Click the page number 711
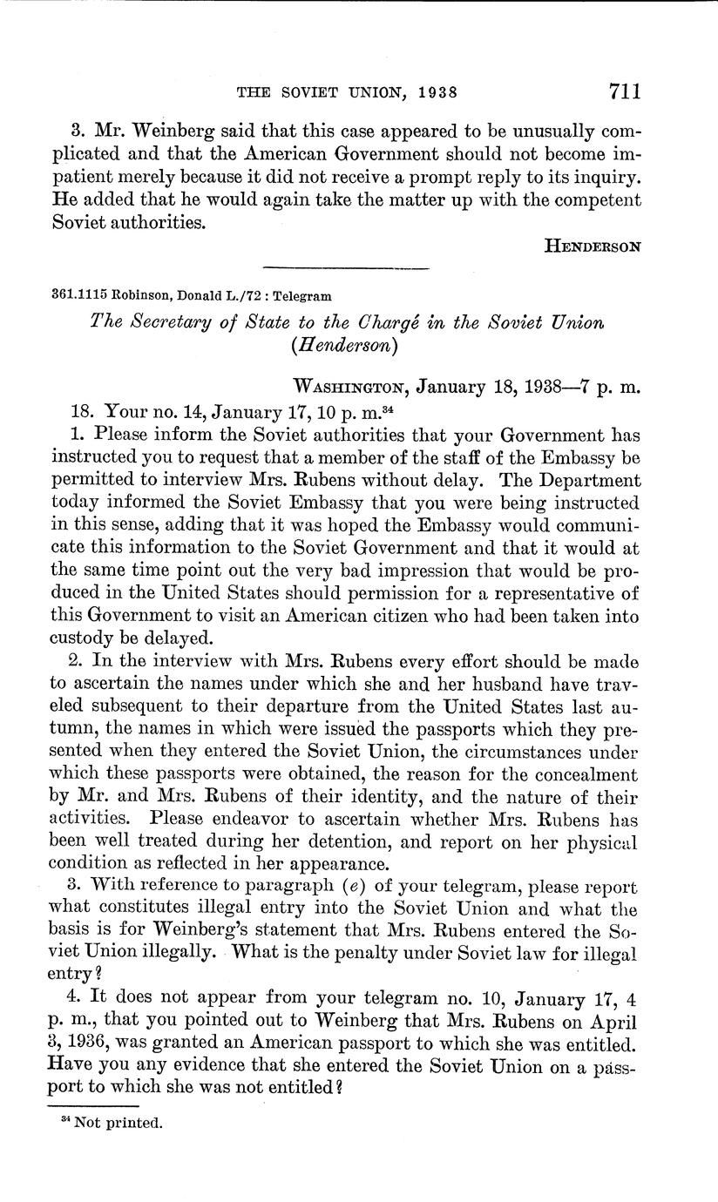click(620, 91)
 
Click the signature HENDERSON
click(593, 246)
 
